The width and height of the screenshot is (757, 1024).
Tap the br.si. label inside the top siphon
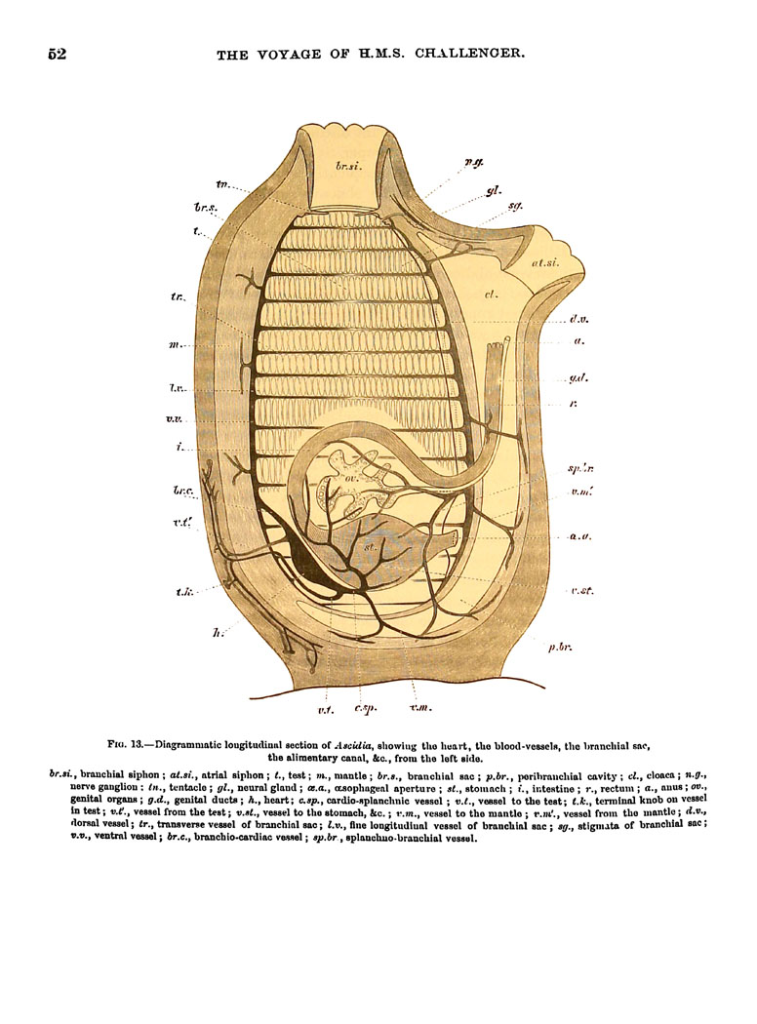pyautogui.click(x=348, y=166)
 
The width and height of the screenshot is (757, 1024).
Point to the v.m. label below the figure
pyautogui.click(x=420, y=707)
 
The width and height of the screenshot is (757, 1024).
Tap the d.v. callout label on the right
pyautogui.click(x=578, y=319)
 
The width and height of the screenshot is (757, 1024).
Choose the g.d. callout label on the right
pyautogui.click(x=578, y=378)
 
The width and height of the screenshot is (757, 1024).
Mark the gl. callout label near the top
pyautogui.click(x=494, y=191)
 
